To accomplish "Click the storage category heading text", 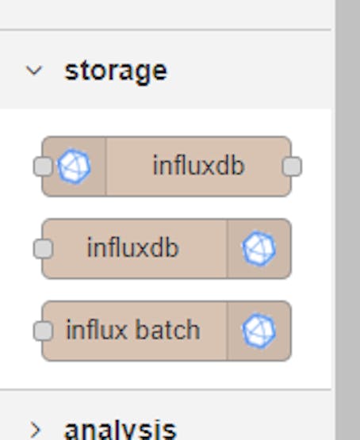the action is [x=116, y=71].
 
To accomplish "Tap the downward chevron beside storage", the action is [x=34, y=71].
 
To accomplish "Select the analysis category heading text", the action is [x=120, y=430].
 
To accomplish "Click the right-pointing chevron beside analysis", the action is [x=36, y=430].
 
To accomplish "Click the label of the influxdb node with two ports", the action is [x=199, y=166].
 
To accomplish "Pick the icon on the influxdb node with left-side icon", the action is [x=74, y=166].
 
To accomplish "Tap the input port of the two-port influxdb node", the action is [x=43, y=166].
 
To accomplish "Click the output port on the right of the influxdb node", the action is [x=292, y=166].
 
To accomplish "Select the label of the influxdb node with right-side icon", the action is [x=132, y=247].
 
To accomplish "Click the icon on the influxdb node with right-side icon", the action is [x=259, y=249].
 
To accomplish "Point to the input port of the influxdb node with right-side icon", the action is [x=43, y=249].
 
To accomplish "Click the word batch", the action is [x=168, y=330].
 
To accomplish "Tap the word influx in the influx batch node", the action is [x=97, y=330].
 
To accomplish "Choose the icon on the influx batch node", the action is [x=259, y=331].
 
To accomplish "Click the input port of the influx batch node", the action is [x=43, y=331].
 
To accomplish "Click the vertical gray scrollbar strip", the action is [x=348, y=220].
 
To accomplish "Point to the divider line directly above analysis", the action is [x=166, y=389].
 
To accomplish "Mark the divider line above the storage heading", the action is [x=166, y=29].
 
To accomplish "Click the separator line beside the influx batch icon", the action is [x=228, y=331].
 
